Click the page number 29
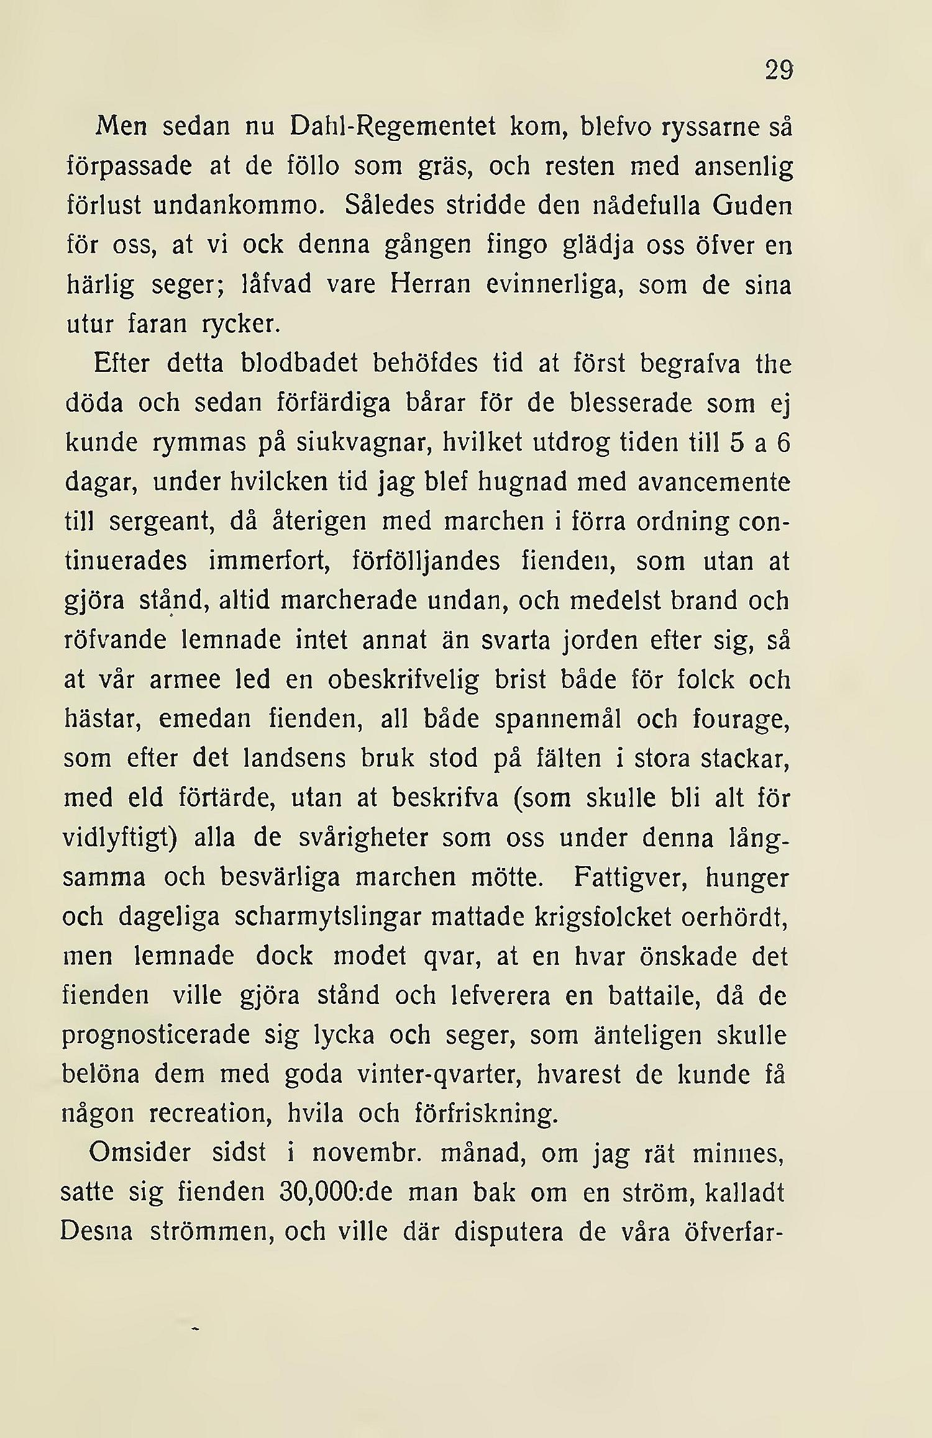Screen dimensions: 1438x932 click(779, 70)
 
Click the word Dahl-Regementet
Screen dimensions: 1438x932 click(393, 127)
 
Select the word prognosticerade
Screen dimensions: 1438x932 click(156, 1036)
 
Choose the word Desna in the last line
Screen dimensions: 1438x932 click(96, 1232)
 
